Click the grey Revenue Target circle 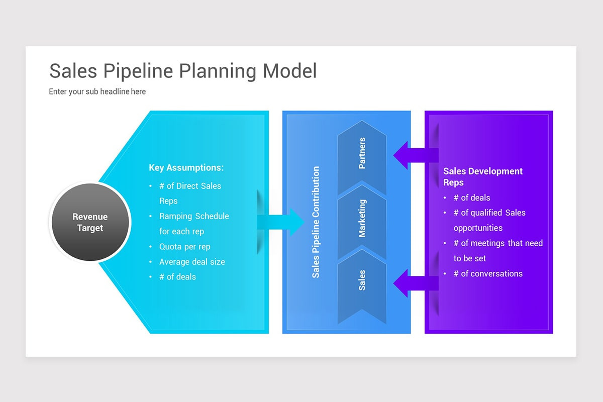coord(90,222)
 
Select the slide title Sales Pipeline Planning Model coord(183,71)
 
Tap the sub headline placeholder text coord(97,91)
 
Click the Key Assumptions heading coord(186,167)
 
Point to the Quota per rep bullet coord(185,247)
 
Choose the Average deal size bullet coord(192,262)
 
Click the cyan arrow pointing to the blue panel coord(280,222)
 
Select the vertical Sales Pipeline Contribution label coord(316,222)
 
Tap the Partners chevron coord(362,157)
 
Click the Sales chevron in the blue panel coord(362,286)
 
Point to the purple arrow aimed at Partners coord(416,155)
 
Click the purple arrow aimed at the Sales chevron coord(416,283)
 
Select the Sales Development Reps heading coord(483,177)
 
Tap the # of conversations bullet coord(488,273)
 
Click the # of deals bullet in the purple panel coord(472,197)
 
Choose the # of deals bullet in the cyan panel coord(177,277)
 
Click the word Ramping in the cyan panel coord(175,216)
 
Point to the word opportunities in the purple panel coord(478,228)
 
